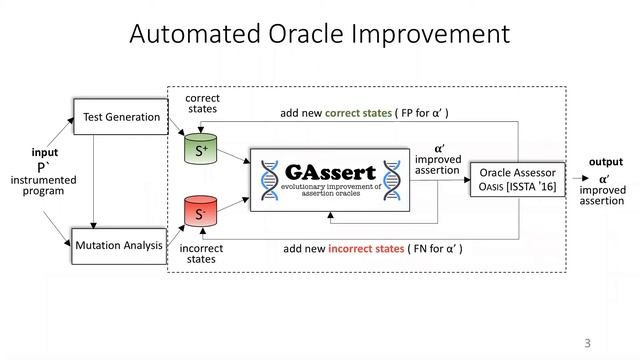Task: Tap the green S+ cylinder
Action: pyautogui.click(x=200, y=150)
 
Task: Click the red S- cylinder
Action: pyautogui.click(x=200, y=213)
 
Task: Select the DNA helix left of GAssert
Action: pyautogui.click(x=268, y=180)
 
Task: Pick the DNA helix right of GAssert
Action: pyautogui.click(x=393, y=180)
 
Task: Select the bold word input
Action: pyautogui.click(x=44, y=152)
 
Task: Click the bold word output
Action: pyautogui.click(x=605, y=162)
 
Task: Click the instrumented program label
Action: pyautogui.click(x=42, y=186)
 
